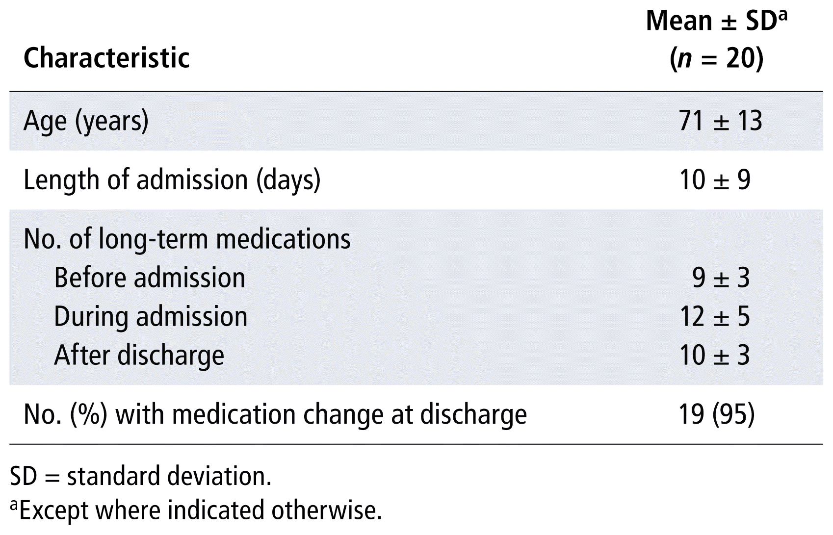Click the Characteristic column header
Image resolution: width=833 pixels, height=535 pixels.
[107, 58]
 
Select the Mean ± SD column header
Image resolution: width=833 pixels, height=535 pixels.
[717, 21]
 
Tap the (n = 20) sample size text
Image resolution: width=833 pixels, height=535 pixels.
[717, 58]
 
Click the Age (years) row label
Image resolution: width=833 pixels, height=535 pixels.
[86, 121]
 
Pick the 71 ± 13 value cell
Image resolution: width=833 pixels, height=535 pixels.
[720, 121]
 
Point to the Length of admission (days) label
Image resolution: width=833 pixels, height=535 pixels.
[172, 180]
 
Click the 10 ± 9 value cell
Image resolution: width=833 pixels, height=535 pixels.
[715, 180]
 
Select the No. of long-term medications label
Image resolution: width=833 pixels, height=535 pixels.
[187, 239]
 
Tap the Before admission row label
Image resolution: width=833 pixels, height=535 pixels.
[150, 278]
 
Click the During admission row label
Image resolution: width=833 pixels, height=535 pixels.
[151, 317]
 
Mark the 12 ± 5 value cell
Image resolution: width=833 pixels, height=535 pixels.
[715, 317]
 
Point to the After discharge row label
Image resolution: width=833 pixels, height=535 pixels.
[139, 356]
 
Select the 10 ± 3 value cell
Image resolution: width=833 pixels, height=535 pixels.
[715, 356]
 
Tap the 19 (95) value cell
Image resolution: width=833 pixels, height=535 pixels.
[717, 414]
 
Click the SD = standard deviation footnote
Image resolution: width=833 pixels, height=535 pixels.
[141, 476]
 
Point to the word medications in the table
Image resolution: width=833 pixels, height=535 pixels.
[284, 239]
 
